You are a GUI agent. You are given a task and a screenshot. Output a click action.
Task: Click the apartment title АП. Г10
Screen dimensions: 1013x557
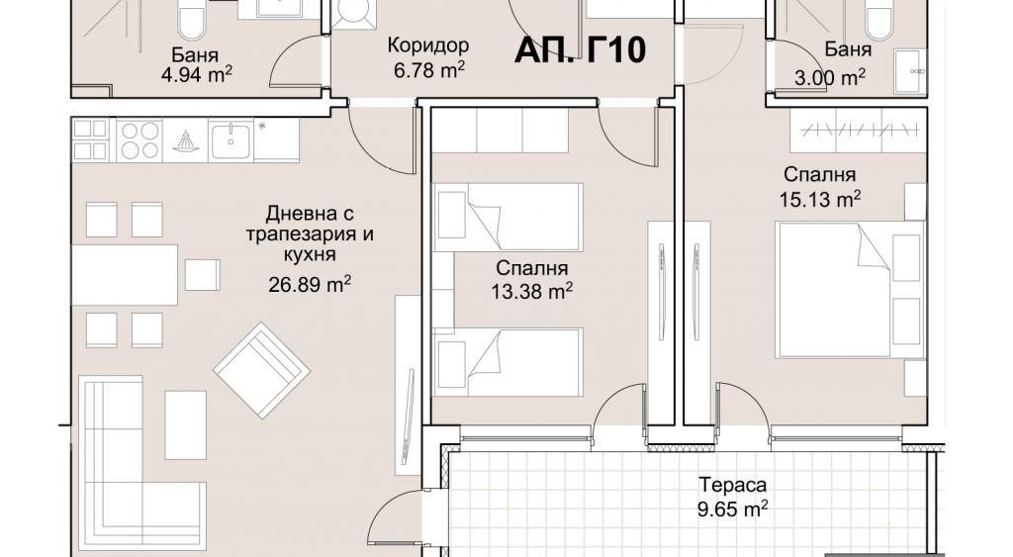(580, 49)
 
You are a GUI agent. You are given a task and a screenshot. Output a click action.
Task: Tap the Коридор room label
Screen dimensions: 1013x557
(428, 46)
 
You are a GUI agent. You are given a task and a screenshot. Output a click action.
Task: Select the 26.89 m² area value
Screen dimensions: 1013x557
(310, 284)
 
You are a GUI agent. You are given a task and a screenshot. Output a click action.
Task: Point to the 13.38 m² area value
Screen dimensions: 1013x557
(531, 292)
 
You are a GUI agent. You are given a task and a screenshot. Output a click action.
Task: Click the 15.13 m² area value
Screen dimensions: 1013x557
(820, 199)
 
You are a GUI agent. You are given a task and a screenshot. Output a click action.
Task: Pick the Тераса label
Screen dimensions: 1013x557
(733, 485)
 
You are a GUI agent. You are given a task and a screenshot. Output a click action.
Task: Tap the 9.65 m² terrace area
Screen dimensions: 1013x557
(733, 510)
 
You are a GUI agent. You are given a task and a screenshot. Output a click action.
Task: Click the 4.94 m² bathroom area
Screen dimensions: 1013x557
(197, 75)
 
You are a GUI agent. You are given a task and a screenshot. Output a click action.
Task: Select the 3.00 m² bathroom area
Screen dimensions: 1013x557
(830, 78)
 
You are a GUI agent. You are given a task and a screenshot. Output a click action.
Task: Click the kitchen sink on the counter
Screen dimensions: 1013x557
(230, 139)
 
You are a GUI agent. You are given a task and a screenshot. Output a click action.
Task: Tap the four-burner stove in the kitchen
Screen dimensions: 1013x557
(139, 139)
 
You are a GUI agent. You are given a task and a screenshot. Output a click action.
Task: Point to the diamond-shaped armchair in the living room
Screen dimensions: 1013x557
(261, 370)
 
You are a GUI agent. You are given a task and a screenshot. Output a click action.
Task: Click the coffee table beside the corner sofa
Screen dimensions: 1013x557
(185, 424)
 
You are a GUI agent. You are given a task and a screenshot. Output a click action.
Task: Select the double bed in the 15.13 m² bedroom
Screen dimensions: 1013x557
(850, 290)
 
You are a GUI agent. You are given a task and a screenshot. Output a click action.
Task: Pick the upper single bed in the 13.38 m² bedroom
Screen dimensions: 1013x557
(508, 217)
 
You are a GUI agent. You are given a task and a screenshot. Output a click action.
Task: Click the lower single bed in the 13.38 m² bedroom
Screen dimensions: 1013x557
(508, 362)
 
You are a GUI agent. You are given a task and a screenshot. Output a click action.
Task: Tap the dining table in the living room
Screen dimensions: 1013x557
(124, 275)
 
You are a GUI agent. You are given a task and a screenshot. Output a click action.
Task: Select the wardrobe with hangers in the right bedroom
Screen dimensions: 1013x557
(858, 130)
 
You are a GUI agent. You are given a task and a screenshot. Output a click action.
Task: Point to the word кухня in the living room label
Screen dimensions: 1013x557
(310, 254)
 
